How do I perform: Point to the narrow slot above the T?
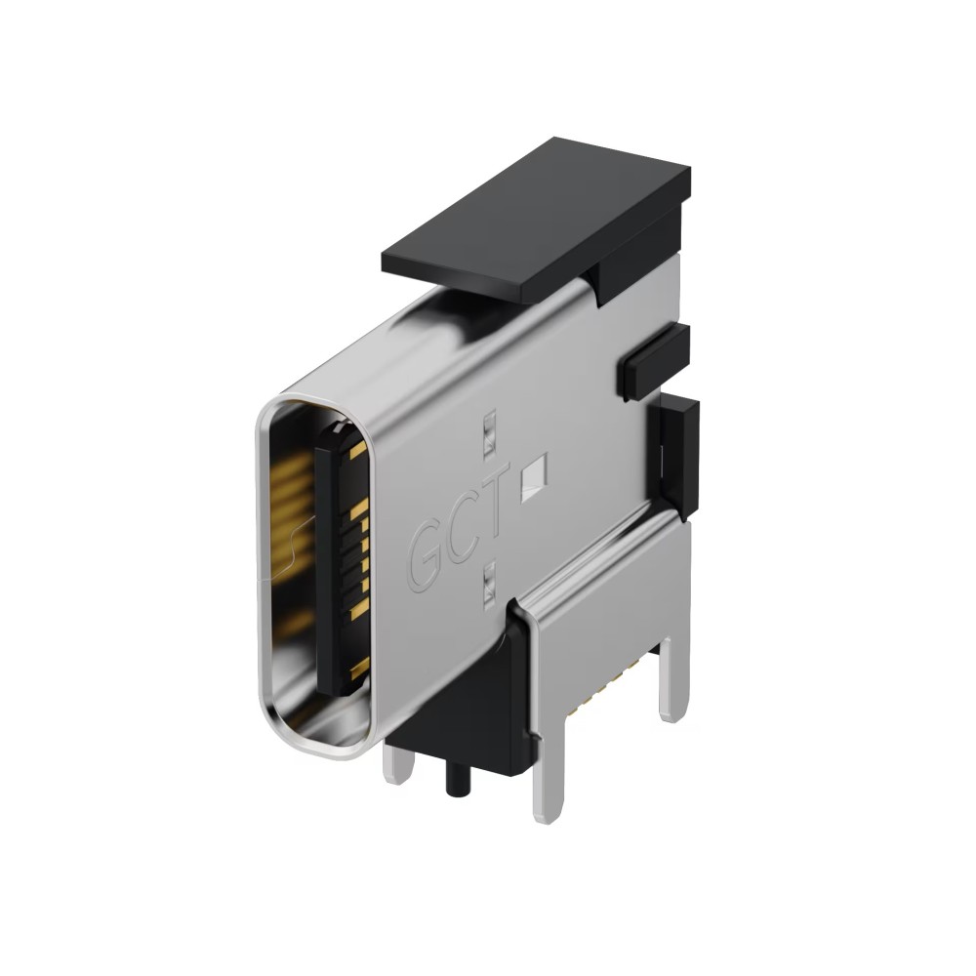(x=489, y=434)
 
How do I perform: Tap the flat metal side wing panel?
(x=605, y=625)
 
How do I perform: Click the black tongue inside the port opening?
(x=337, y=556)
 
